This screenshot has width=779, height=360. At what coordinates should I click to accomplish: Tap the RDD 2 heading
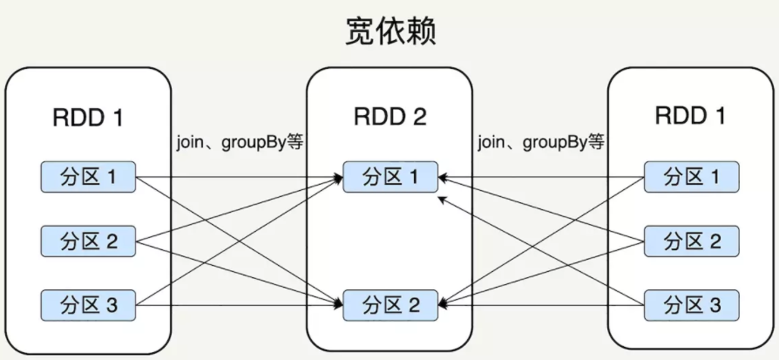[x=389, y=117]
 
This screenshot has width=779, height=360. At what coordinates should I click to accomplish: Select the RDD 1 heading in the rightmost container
[x=690, y=115]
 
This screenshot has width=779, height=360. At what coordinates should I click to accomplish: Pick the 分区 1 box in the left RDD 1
[x=90, y=178]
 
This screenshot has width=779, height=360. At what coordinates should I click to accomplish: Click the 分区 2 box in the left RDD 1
[x=90, y=241]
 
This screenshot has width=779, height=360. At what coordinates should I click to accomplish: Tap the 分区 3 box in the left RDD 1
[x=90, y=305]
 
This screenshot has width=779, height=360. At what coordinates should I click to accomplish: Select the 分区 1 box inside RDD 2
[x=389, y=178]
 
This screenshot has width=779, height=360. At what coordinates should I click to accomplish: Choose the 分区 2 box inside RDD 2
[x=389, y=305]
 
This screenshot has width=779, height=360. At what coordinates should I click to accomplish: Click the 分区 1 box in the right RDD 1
[x=690, y=178]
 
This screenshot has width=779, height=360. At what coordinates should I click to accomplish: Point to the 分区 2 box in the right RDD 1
[x=690, y=241]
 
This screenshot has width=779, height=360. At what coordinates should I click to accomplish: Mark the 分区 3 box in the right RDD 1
[x=690, y=305]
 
